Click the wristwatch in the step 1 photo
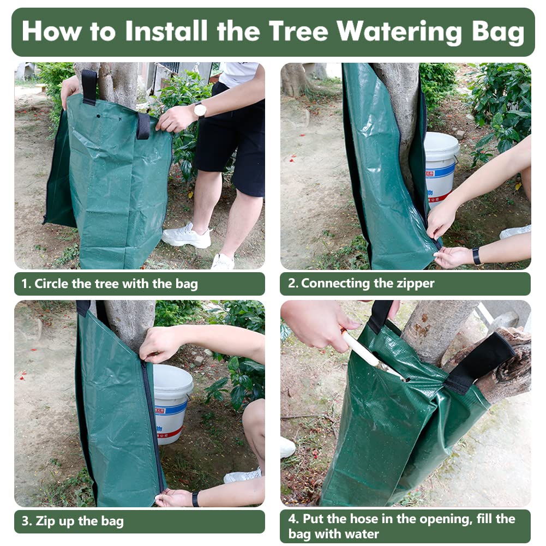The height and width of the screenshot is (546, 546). (x=200, y=110)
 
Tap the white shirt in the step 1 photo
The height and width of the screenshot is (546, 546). (x=240, y=74)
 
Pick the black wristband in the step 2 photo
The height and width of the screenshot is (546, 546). (x=477, y=256)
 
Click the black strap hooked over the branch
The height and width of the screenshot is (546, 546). (x=482, y=363)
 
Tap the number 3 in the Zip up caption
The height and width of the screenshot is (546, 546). (x=25, y=521)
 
